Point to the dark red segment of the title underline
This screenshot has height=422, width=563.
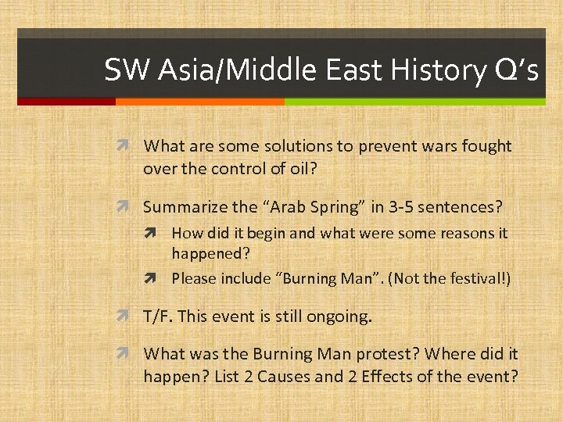click(66, 102)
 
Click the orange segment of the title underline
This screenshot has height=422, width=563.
click(199, 102)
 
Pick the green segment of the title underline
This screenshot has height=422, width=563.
click(414, 102)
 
